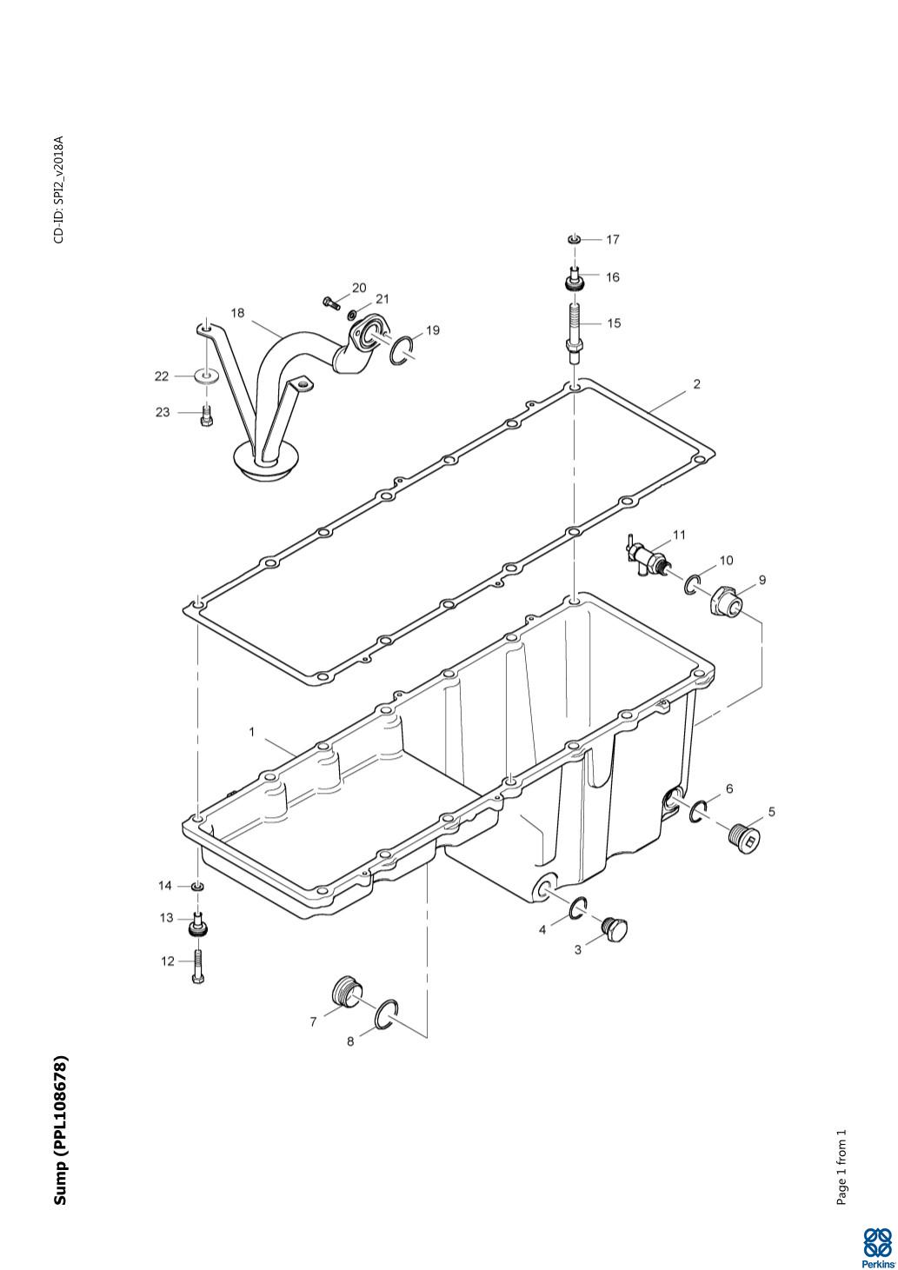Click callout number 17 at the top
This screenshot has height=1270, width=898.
613,239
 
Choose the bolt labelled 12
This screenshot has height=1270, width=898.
199,965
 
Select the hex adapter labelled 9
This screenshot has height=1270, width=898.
726,602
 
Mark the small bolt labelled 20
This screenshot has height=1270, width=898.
331,303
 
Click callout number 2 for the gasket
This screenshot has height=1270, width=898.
696,383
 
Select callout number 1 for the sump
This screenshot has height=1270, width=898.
252,732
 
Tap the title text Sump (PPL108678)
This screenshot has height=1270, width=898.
60,1130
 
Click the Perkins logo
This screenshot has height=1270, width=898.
878,1248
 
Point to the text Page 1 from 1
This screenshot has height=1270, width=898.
841,1167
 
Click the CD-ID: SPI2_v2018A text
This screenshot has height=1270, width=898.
59,189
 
